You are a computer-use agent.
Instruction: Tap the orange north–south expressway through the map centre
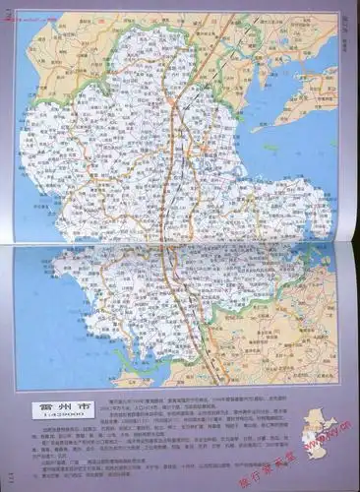click(x=176, y=197)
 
